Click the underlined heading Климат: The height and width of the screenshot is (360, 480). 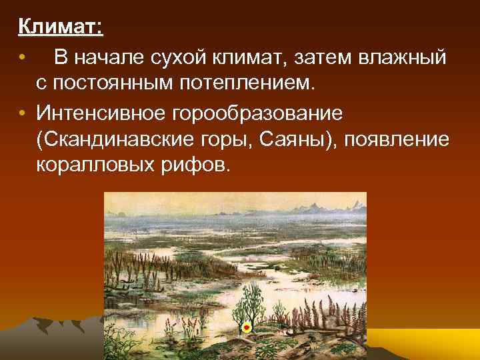click(x=60, y=28)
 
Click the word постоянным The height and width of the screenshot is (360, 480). click(x=119, y=85)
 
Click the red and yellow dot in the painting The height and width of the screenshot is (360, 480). click(x=246, y=327)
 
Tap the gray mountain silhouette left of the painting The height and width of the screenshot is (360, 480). click(x=47, y=337)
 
